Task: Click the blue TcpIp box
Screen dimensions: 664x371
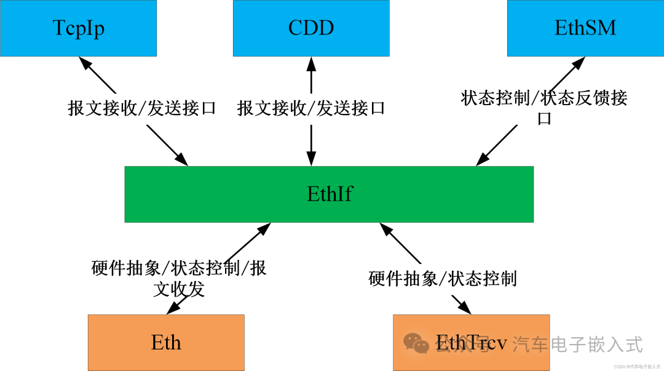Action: (x=78, y=28)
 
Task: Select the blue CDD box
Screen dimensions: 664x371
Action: (x=311, y=28)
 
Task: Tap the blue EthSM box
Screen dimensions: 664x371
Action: (x=586, y=28)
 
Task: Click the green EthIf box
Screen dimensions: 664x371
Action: (x=329, y=194)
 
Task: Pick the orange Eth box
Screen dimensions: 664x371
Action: (x=166, y=343)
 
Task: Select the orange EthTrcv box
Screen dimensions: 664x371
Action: (x=472, y=343)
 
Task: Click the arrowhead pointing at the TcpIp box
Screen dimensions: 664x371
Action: (x=85, y=63)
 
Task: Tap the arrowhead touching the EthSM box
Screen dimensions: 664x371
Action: (x=579, y=63)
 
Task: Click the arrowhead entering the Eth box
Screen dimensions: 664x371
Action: (x=173, y=308)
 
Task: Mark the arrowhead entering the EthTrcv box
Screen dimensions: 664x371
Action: (x=464, y=308)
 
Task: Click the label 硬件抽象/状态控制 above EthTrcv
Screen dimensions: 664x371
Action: (x=443, y=279)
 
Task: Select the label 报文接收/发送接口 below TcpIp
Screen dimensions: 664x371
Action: (x=142, y=108)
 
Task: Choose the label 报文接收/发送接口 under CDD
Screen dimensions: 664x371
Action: (x=311, y=108)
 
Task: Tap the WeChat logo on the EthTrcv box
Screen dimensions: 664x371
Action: (x=416, y=343)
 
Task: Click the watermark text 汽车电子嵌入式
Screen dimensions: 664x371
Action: (x=577, y=344)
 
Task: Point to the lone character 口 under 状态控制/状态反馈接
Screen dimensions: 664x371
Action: (x=544, y=119)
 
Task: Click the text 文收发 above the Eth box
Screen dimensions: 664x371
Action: (x=179, y=289)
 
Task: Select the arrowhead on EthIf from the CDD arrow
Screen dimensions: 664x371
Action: (x=311, y=159)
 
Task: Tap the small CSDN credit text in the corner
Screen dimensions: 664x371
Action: (x=637, y=367)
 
